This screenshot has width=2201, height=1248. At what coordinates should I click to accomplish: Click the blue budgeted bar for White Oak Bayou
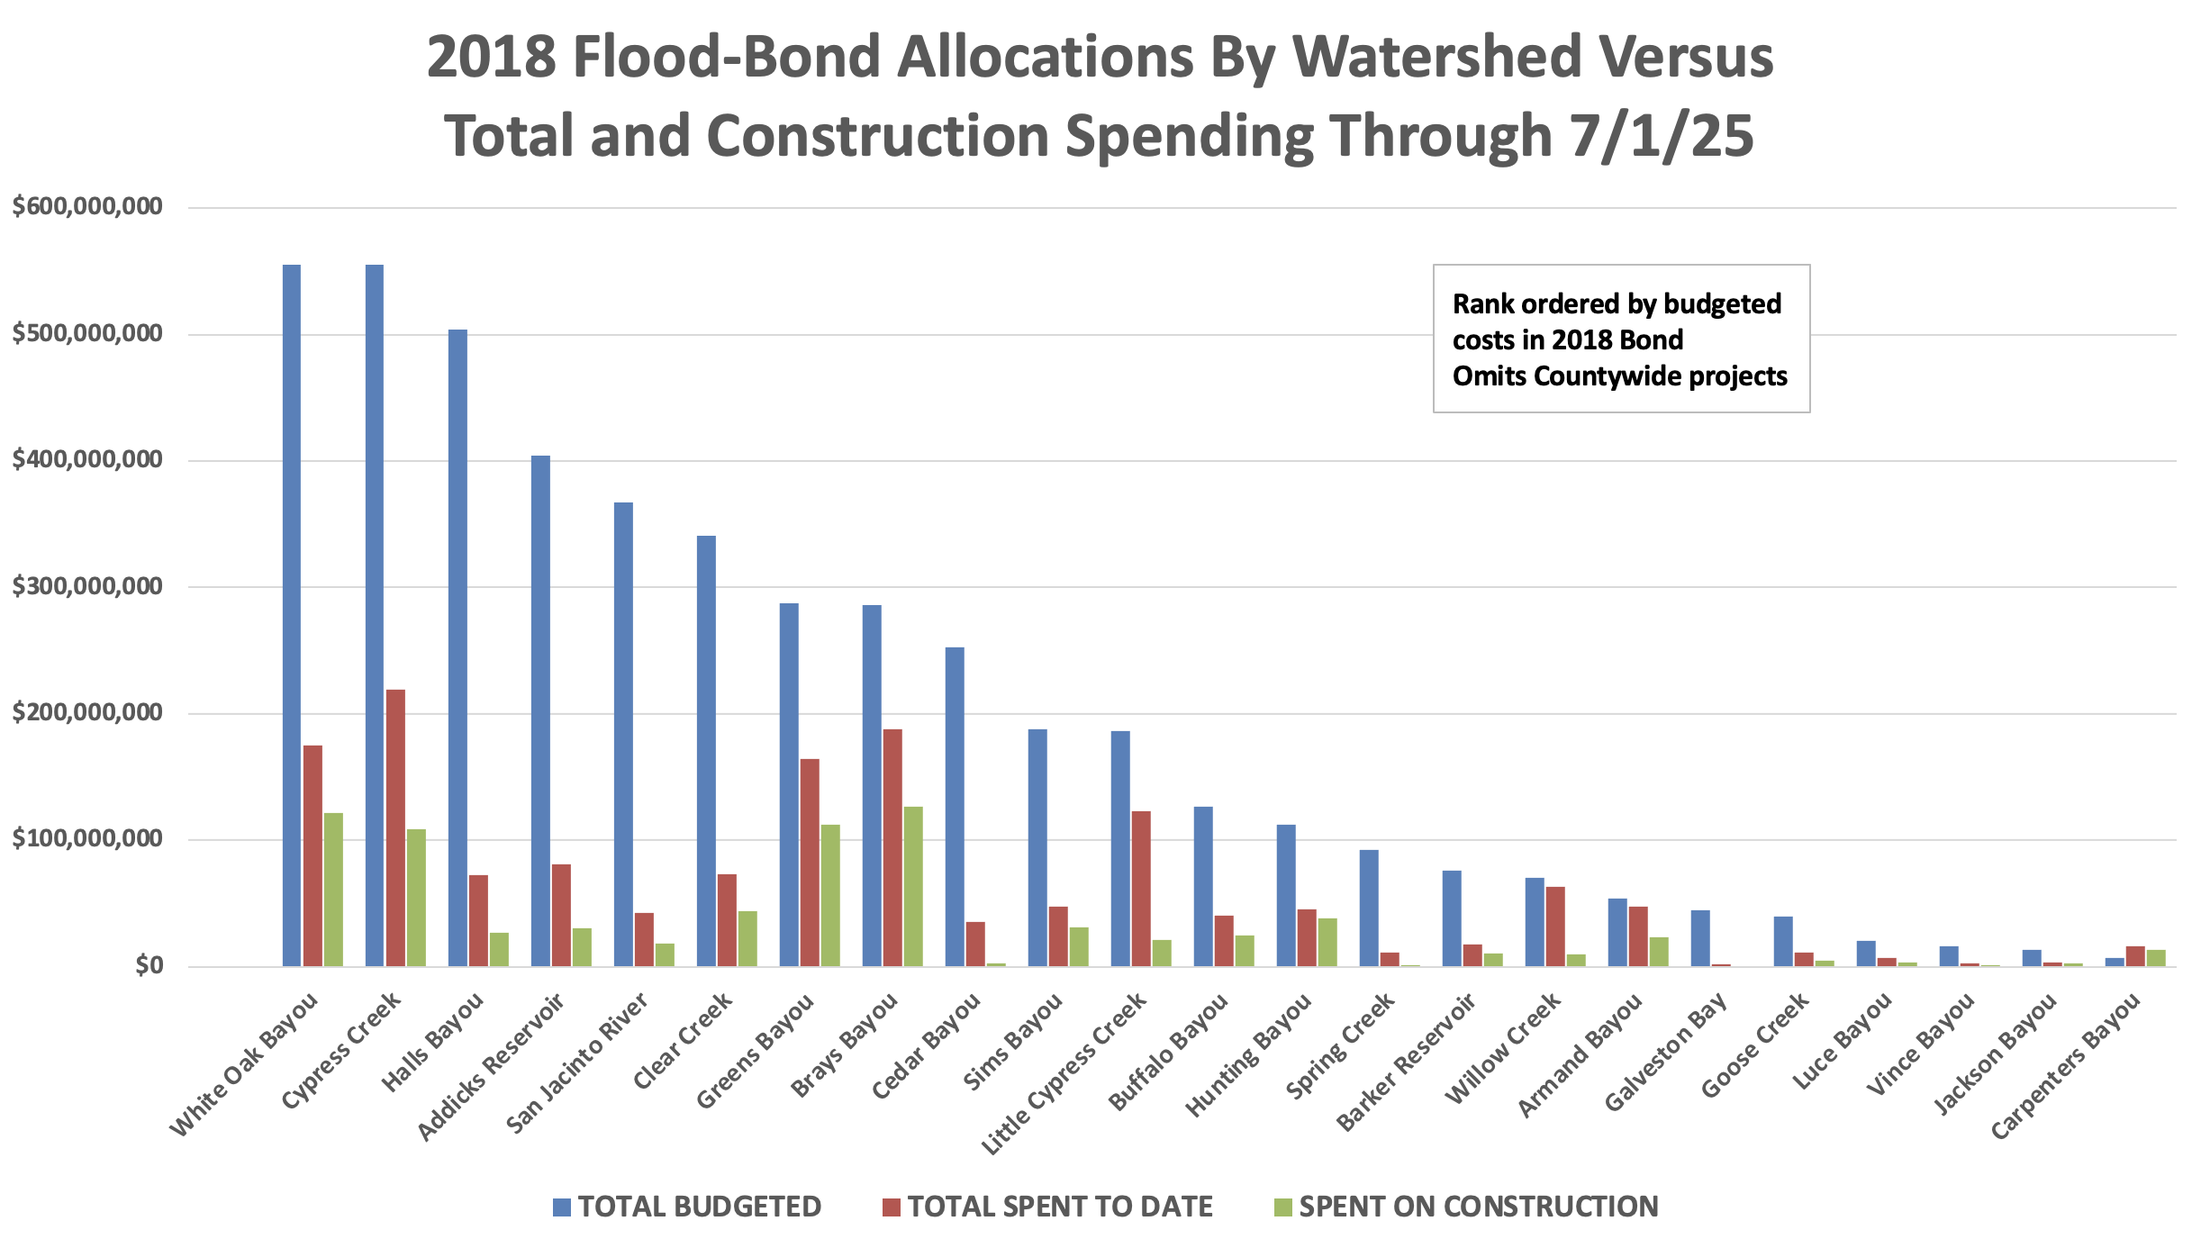pyautogui.click(x=292, y=615)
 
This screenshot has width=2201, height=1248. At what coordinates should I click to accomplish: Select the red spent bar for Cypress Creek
pyautogui.click(x=395, y=827)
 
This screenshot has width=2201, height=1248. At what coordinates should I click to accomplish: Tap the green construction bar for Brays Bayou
pyautogui.click(x=913, y=886)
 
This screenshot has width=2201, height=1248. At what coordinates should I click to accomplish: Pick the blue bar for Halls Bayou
pyautogui.click(x=457, y=647)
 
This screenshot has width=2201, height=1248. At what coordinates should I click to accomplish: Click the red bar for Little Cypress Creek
pyautogui.click(x=1141, y=889)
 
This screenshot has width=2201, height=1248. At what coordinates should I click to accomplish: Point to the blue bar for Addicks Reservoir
pyautogui.click(x=540, y=710)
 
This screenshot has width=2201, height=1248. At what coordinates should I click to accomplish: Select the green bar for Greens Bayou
pyautogui.click(x=830, y=895)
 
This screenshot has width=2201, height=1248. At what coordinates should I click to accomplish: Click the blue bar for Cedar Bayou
pyautogui.click(x=955, y=807)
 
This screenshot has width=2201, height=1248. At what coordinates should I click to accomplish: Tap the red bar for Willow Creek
pyautogui.click(x=1555, y=927)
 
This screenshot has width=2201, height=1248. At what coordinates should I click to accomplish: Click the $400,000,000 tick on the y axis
pyautogui.click(x=87, y=459)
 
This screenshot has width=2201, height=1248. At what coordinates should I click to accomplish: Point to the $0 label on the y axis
pyautogui.click(x=149, y=965)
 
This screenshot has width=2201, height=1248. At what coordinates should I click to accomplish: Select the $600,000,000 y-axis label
pyautogui.click(x=87, y=206)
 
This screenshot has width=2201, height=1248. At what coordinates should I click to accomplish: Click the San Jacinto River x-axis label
pyautogui.click(x=577, y=1063)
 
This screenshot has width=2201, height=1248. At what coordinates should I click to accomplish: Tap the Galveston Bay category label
pyautogui.click(x=1666, y=1051)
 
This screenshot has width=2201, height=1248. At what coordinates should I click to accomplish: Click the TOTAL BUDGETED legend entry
pyautogui.click(x=687, y=1207)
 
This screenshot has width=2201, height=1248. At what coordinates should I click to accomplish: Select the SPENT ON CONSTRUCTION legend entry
pyautogui.click(x=1466, y=1207)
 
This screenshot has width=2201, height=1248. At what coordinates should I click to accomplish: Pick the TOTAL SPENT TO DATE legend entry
pyautogui.click(x=1048, y=1207)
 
